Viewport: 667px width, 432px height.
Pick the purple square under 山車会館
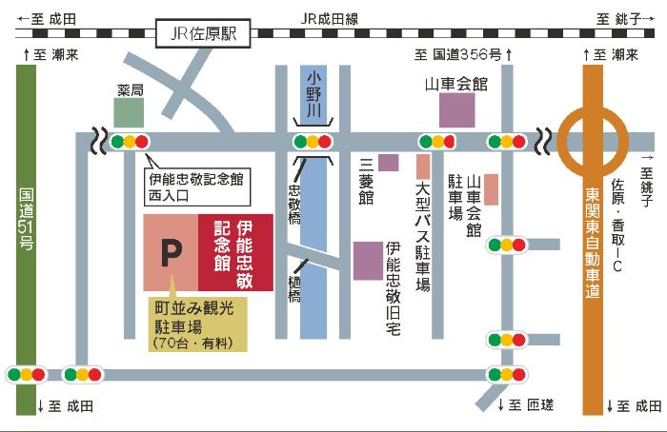click(456, 109)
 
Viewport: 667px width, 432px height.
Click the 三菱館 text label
click(366, 182)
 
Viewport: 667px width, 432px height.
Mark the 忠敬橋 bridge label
click(293, 204)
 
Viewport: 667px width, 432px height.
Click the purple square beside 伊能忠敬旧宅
click(367, 261)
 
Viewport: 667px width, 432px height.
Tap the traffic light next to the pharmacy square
click(130, 142)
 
